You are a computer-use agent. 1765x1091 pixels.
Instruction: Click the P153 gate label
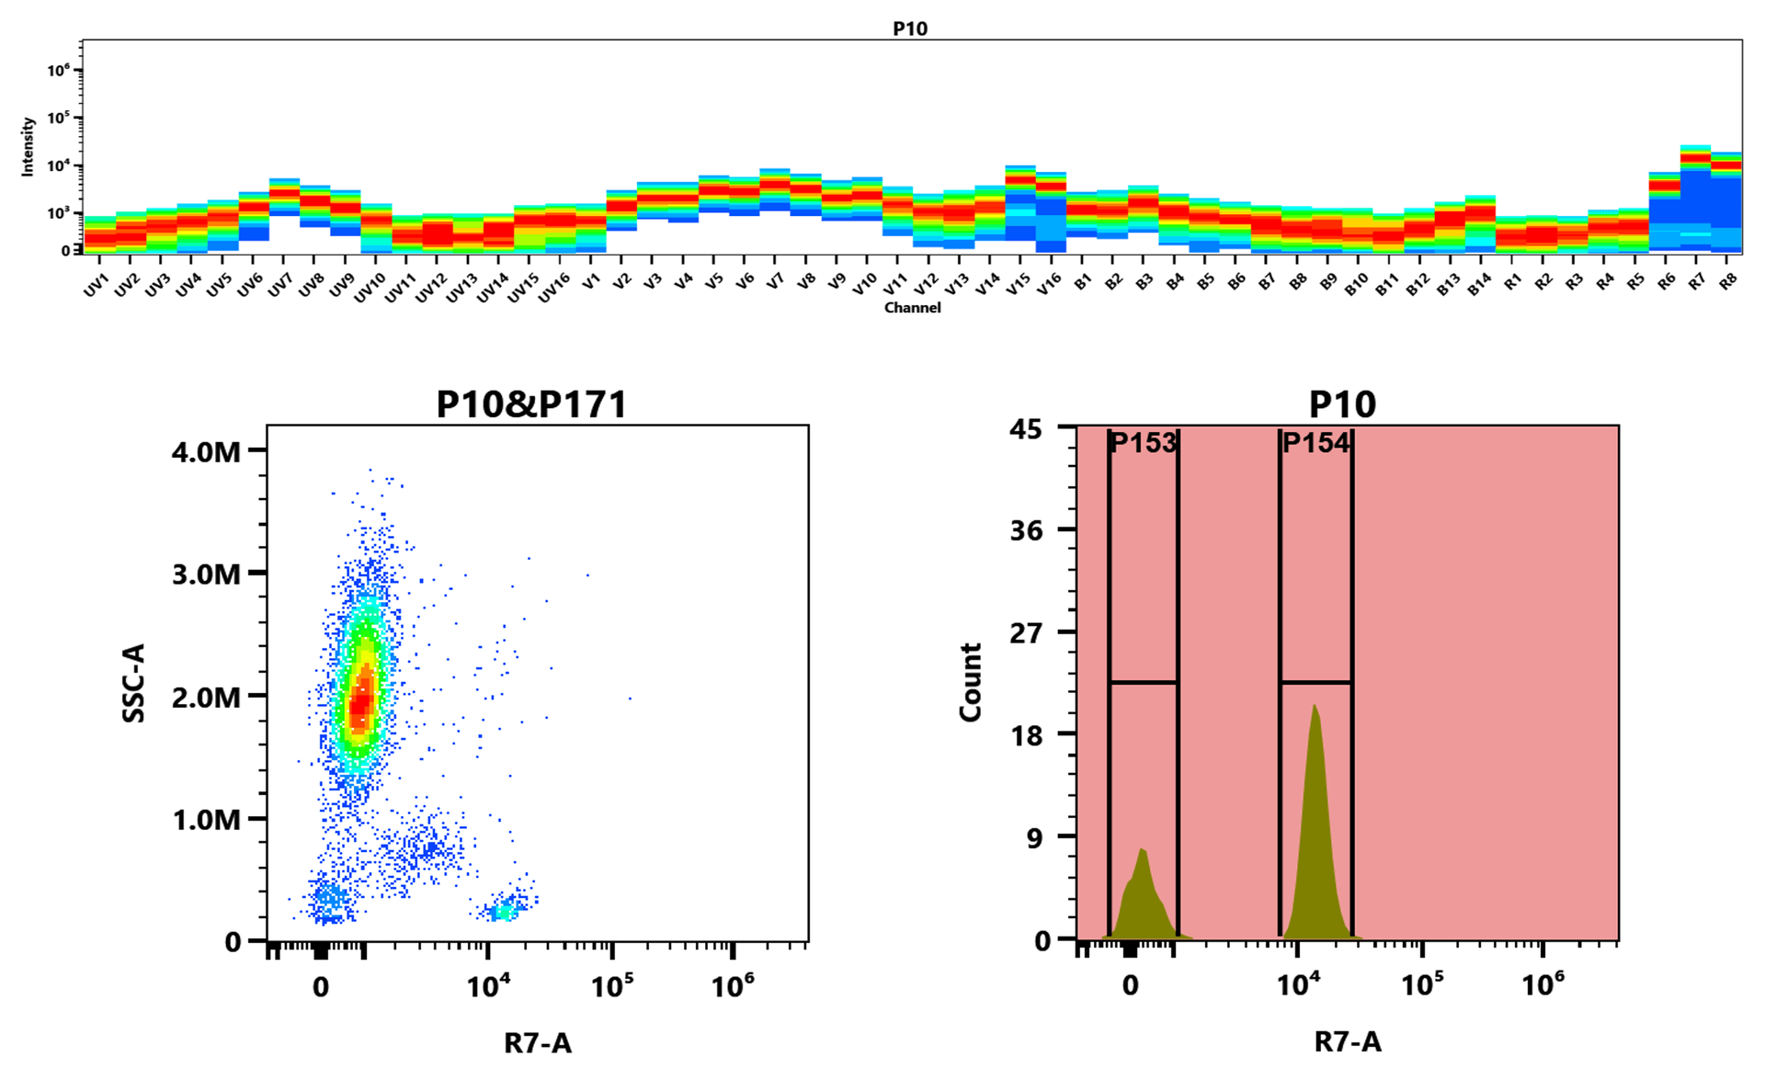coord(1143,443)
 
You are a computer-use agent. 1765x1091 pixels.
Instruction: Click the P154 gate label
coord(1315,443)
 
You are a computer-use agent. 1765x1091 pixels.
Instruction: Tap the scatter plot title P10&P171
coord(531,404)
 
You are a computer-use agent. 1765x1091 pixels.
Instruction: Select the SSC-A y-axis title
coord(134,683)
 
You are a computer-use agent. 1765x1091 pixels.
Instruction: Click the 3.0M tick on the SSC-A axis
coord(206,574)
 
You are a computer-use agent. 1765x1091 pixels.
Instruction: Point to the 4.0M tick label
coord(206,451)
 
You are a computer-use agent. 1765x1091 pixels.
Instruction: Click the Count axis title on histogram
coord(971,682)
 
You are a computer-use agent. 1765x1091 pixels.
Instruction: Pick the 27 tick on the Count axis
coord(1027,632)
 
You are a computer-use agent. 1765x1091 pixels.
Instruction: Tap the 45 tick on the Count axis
coord(1026,429)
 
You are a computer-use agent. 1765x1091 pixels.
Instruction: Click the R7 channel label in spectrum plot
coord(1697,282)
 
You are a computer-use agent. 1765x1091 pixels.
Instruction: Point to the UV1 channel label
coord(97,285)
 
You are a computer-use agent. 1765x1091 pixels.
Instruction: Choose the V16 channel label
coord(1049,284)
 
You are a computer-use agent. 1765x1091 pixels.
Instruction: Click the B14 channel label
coord(1478,285)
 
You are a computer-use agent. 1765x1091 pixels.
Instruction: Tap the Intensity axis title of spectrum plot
coord(28,146)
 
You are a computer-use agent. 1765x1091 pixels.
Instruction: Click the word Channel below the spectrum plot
coord(912,308)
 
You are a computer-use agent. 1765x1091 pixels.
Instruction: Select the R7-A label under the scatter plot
coord(538,1043)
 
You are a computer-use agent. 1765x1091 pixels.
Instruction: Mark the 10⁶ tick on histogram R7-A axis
coord(1543,985)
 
